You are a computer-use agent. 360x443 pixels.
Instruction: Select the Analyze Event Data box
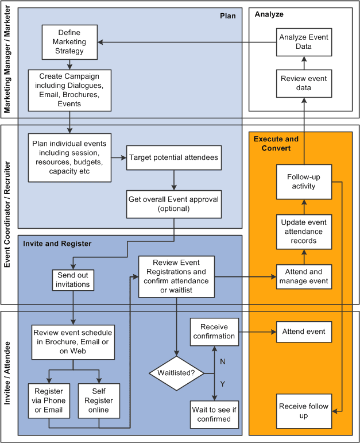tap(304, 42)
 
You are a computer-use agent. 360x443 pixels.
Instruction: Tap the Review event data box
tap(304, 83)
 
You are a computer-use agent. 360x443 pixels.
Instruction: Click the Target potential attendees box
tap(173, 157)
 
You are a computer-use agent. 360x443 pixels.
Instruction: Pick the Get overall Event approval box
tap(174, 204)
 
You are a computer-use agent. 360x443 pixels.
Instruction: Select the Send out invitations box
tap(72, 280)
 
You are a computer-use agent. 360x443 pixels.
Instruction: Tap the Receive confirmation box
tap(214, 332)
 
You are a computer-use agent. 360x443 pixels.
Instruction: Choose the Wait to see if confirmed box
tap(214, 414)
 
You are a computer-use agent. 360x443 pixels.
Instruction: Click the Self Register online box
tap(99, 401)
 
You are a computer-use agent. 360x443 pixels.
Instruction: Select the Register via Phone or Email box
tap(49, 401)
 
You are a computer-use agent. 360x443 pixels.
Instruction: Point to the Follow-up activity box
tap(304, 182)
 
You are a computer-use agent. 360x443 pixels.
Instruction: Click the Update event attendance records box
tap(304, 232)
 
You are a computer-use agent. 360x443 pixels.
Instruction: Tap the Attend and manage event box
tap(304, 277)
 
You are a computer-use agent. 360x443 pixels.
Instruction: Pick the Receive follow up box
tap(304, 411)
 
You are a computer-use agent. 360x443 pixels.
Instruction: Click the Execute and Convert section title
tap(276, 144)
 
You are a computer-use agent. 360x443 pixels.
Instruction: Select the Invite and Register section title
tap(57, 244)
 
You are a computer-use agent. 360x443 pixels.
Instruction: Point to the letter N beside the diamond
tap(223, 361)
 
